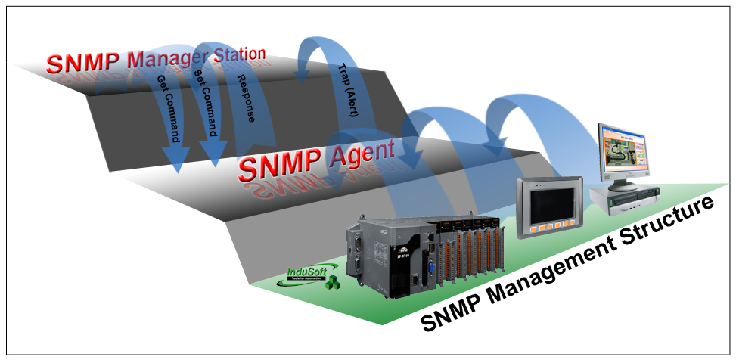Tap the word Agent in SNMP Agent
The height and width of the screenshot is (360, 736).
click(362, 154)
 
